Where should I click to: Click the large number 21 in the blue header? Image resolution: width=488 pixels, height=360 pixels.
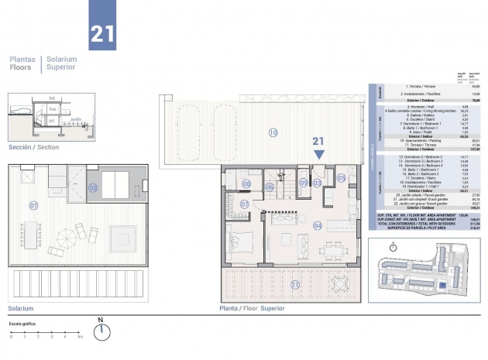pos(102,33)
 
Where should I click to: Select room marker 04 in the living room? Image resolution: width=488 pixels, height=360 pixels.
pos(317,225)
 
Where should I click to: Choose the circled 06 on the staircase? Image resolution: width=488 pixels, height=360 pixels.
pos(270,186)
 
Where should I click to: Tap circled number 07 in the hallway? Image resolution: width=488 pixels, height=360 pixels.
pos(244,204)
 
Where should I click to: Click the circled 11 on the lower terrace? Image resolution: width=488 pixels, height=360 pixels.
pos(294,285)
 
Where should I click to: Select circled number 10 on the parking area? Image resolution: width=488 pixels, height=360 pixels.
pos(273,132)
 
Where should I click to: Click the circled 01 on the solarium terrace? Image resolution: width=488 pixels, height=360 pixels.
pos(33,205)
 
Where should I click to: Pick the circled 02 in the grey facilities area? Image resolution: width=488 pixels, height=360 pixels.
pos(93,187)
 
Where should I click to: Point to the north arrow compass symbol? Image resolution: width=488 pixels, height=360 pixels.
pos(101,331)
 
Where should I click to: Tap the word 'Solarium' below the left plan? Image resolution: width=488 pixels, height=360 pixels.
pos(20,307)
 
